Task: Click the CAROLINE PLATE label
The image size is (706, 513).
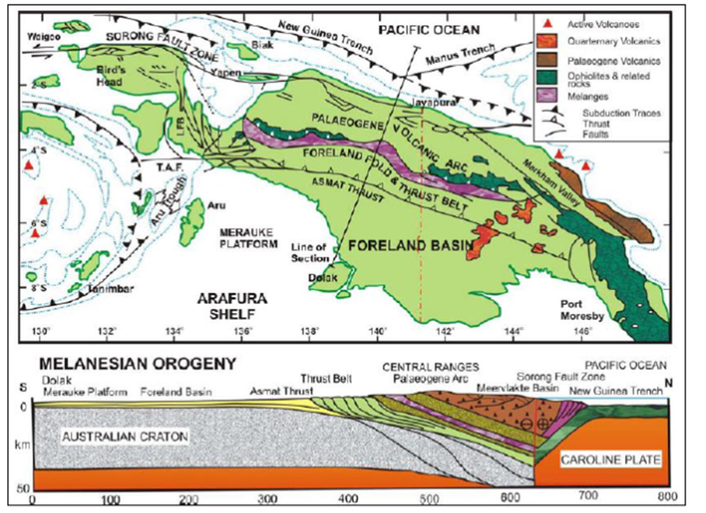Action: [x=607, y=461]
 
